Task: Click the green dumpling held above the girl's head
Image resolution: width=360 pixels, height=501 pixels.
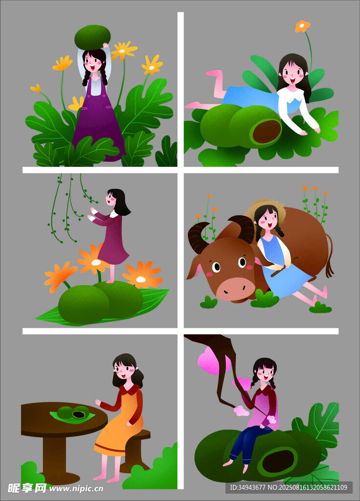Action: point(92,37)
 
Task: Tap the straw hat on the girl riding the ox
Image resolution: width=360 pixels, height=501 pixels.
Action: point(266,207)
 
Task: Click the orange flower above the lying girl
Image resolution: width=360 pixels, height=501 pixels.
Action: point(302,26)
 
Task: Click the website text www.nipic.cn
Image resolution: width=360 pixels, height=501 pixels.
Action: point(76,489)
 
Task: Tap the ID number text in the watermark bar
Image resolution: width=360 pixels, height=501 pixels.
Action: point(247,487)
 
